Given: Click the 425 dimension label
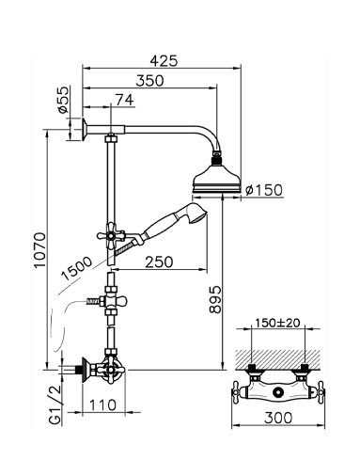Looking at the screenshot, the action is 164,61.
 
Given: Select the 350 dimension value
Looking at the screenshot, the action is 149,81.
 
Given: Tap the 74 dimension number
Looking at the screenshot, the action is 124,100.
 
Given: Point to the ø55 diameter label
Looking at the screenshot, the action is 63,100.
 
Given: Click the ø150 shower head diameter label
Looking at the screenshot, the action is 264,190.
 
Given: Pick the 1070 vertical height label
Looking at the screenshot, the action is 40,250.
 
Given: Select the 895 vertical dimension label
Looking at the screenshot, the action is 215,300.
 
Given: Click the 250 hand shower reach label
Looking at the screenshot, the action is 159,262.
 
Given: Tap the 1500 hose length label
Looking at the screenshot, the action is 77,268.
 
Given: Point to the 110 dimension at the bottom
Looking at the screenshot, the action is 102,405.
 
